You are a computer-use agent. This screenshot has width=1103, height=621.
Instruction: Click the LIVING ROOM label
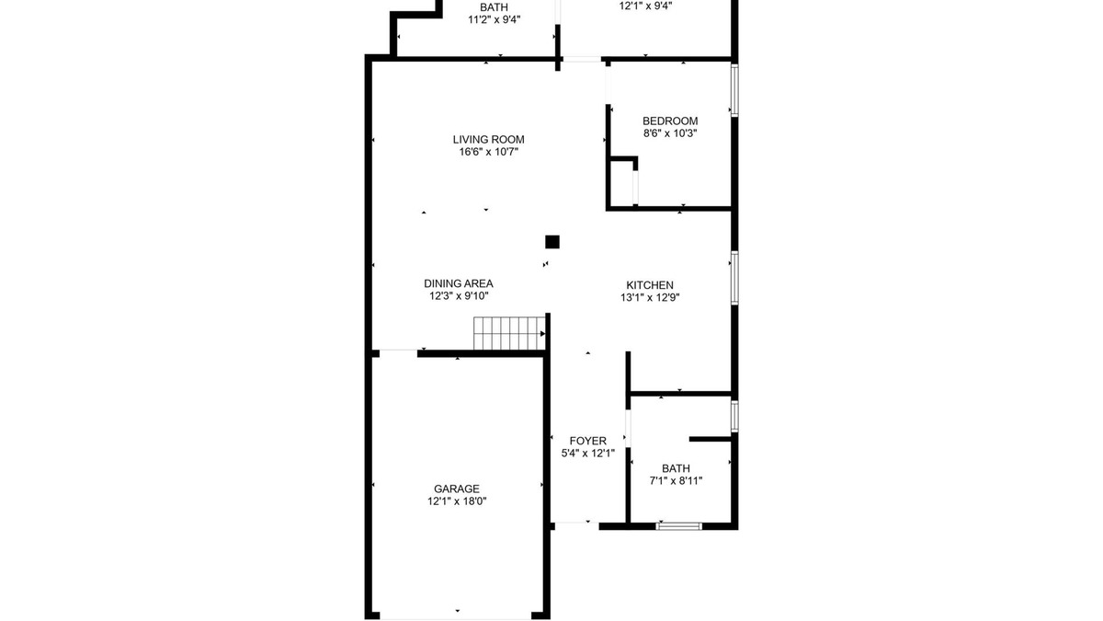click(x=488, y=140)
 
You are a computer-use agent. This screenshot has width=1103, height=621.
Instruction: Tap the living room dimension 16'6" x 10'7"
click(x=488, y=152)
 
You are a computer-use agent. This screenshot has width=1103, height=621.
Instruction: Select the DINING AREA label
click(x=459, y=283)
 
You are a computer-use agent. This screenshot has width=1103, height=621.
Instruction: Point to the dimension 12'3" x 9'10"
click(x=459, y=295)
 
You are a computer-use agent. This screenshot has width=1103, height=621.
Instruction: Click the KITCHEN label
click(x=650, y=285)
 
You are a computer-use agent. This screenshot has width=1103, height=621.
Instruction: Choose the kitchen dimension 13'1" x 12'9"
click(x=650, y=297)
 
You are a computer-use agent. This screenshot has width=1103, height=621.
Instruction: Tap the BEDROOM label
click(x=670, y=121)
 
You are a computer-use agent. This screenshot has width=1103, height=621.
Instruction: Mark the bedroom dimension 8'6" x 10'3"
click(x=670, y=133)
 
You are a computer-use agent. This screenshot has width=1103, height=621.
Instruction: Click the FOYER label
click(x=588, y=441)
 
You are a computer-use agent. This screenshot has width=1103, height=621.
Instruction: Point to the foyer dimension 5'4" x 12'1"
click(x=588, y=453)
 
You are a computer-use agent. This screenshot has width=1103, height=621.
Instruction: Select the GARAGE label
click(x=457, y=489)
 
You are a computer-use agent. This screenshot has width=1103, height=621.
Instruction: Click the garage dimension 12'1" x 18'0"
click(x=457, y=501)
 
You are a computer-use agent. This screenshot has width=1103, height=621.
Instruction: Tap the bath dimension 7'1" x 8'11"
click(x=676, y=480)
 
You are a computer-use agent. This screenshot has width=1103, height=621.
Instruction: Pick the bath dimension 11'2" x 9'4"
click(x=494, y=19)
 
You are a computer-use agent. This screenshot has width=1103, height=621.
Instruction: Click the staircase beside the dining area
click(x=509, y=333)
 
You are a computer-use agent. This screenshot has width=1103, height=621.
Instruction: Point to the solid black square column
click(x=552, y=242)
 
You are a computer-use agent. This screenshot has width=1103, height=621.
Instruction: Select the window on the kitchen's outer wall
click(x=734, y=278)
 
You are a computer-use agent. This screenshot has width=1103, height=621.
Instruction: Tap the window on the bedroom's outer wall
click(x=734, y=90)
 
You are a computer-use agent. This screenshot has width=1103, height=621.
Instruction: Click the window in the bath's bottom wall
click(x=679, y=526)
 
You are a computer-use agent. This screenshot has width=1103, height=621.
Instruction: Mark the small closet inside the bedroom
click(x=622, y=182)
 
